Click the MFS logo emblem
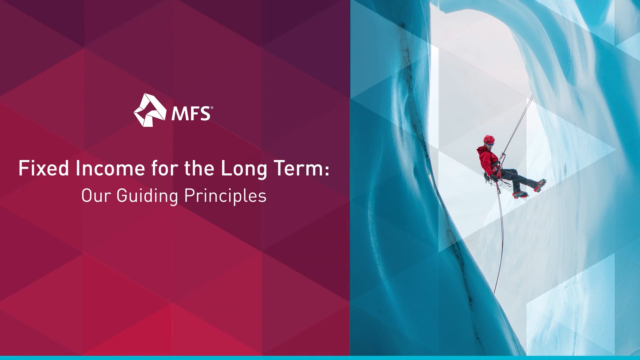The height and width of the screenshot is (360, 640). (x=150, y=110)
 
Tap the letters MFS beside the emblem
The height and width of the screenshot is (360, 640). (x=191, y=114)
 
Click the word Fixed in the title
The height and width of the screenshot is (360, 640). (x=44, y=168)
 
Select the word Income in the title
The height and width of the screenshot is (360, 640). (x=110, y=168)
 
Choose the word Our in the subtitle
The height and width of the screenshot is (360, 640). (x=96, y=196)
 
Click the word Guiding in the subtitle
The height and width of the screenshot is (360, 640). (x=147, y=196)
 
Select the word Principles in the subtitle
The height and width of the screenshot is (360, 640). (x=225, y=196)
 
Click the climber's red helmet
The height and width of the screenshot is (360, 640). (x=489, y=139)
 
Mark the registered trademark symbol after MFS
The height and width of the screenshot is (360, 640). (x=212, y=108)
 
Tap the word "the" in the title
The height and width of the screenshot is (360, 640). (x=199, y=168)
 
